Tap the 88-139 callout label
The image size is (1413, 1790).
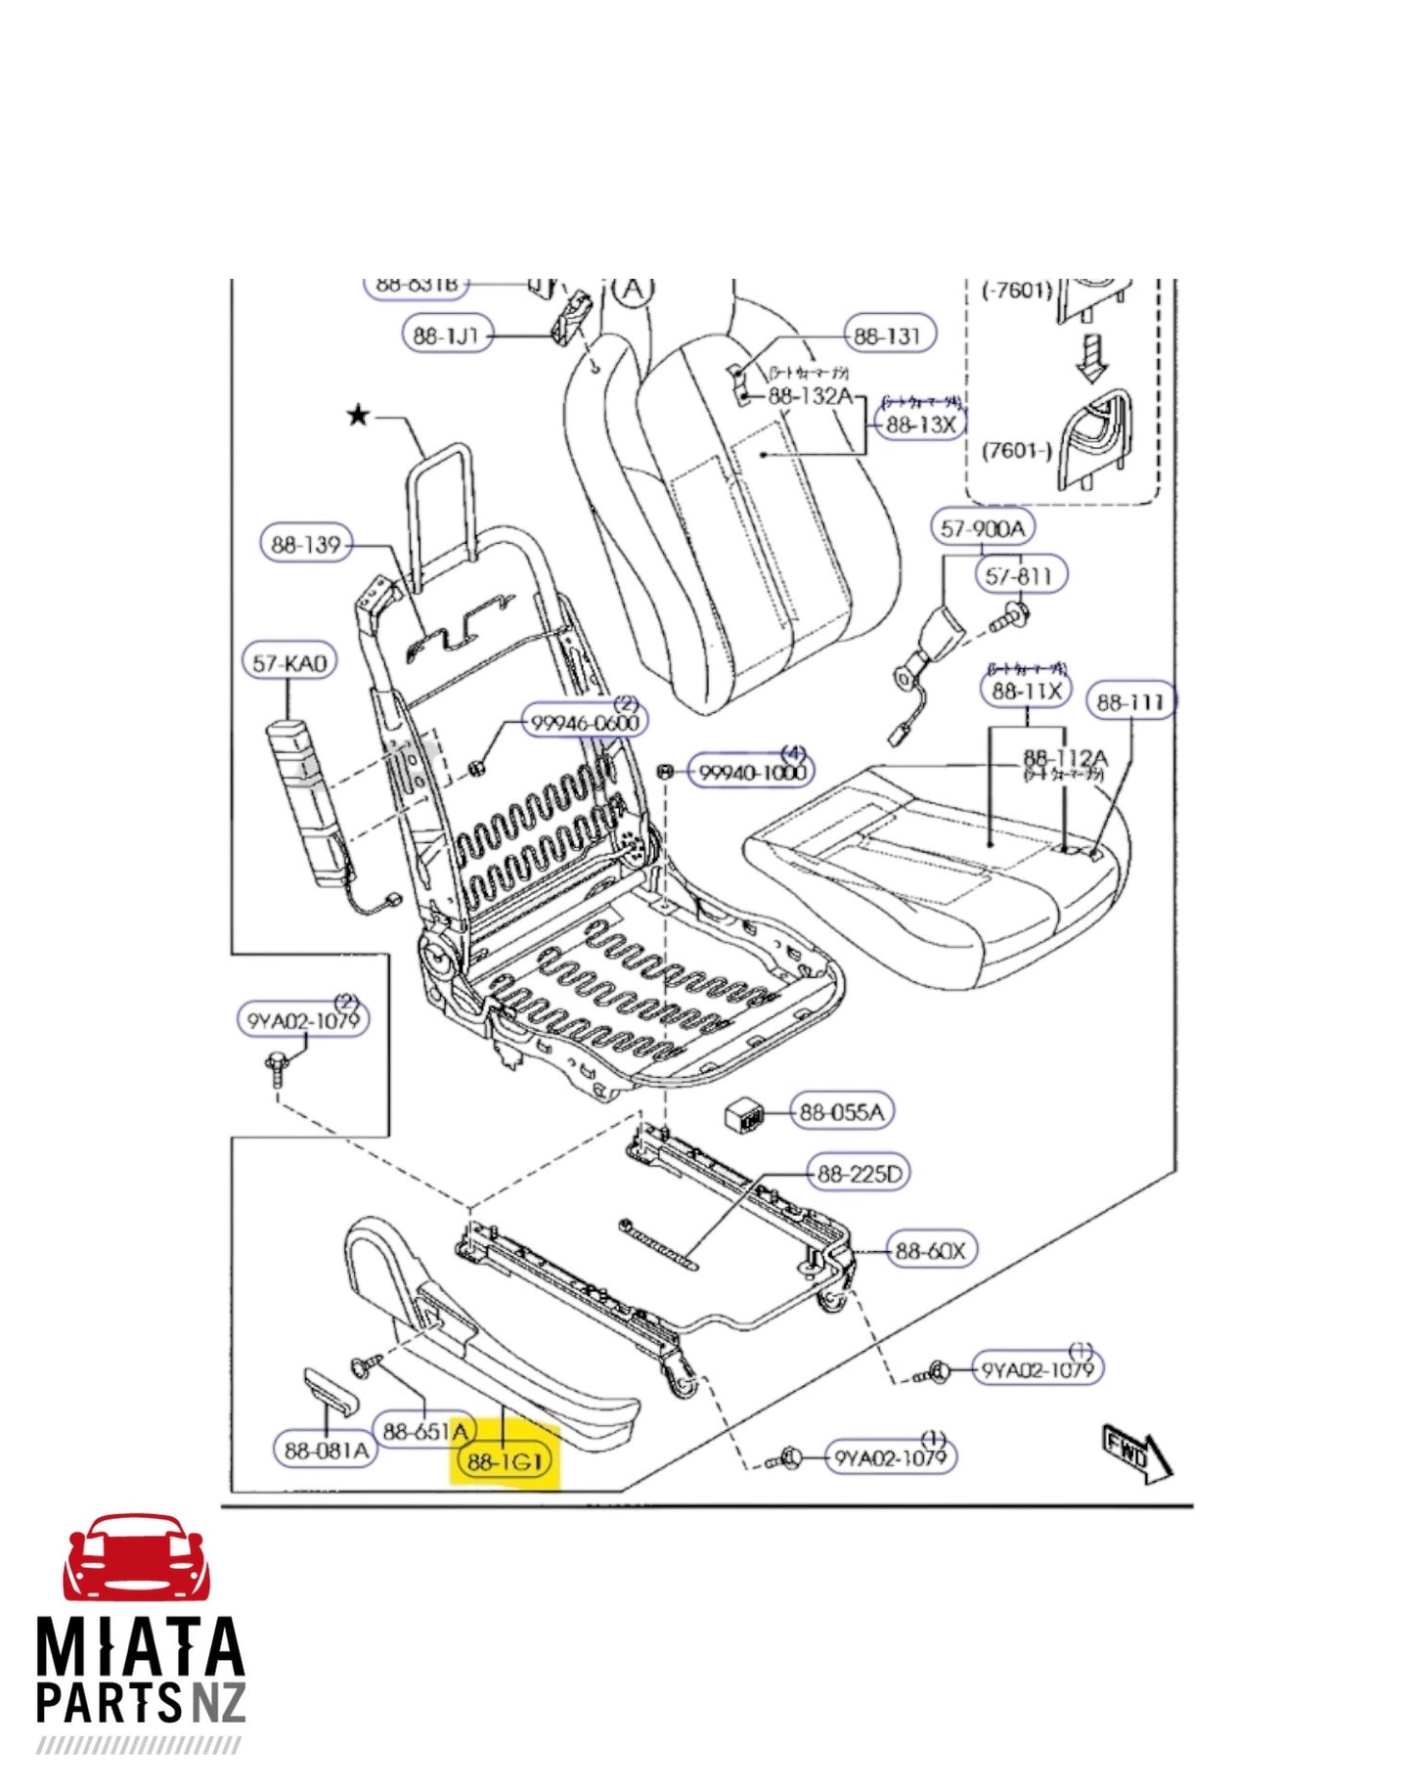[306, 544]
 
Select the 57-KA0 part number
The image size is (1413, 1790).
[288, 662]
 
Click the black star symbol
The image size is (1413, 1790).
[359, 416]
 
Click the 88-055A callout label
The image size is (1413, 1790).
[841, 1111]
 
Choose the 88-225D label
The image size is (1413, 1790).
[859, 1173]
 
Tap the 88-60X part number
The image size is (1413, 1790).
[929, 1250]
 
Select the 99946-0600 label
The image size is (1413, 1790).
[585, 722]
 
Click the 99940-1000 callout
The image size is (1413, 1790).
[751, 772]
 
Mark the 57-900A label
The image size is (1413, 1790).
[982, 528]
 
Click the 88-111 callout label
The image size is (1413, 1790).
[1130, 701]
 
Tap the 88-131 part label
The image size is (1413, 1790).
[887, 336]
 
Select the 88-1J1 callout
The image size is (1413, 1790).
[447, 335]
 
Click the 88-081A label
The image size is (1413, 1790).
[327, 1450]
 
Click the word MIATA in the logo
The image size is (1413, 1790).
[140, 1646]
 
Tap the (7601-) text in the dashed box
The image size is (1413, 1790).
[1016, 451]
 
